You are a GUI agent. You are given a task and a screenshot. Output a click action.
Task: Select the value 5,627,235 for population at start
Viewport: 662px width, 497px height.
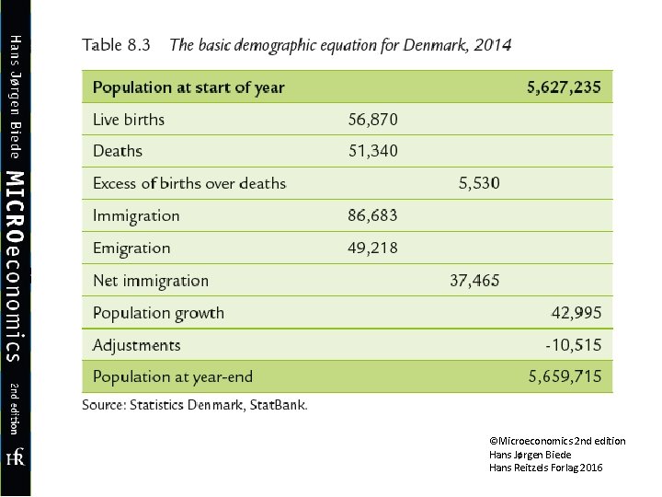pyautogui.click(x=564, y=88)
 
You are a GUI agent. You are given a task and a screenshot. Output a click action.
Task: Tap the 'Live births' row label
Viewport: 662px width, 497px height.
pyautogui.click(x=129, y=120)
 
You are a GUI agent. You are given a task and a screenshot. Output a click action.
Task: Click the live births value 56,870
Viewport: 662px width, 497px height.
pyautogui.click(x=373, y=120)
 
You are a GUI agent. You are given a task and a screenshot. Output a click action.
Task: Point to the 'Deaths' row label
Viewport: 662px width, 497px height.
pyautogui.click(x=118, y=151)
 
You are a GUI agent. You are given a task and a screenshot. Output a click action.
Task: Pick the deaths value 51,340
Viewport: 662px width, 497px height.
pyautogui.click(x=373, y=151)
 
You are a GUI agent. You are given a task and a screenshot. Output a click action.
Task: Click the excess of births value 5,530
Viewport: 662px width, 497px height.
pyautogui.click(x=479, y=183)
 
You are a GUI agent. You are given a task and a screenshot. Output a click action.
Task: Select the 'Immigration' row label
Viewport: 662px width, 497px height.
pyautogui.click(x=136, y=216)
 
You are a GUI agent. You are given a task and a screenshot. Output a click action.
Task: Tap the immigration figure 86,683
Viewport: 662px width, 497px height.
pyautogui.click(x=373, y=216)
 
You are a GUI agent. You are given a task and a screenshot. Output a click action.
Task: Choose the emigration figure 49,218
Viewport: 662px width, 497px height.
pyautogui.click(x=373, y=248)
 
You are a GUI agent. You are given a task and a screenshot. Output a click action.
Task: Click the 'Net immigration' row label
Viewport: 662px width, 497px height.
pyautogui.click(x=151, y=281)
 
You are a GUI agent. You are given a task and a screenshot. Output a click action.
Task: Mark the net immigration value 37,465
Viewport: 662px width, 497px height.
pyautogui.click(x=474, y=281)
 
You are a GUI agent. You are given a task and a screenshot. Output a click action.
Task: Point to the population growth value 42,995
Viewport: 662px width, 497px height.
pyautogui.click(x=576, y=313)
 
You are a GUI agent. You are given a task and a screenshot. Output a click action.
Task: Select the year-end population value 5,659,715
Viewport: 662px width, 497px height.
pyautogui.click(x=565, y=376)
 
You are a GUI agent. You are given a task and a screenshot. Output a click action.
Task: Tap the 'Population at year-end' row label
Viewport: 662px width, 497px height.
pyautogui.click(x=173, y=376)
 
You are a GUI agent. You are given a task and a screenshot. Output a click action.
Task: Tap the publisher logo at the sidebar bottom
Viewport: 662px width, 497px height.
pyautogui.click(x=15, y=457)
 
